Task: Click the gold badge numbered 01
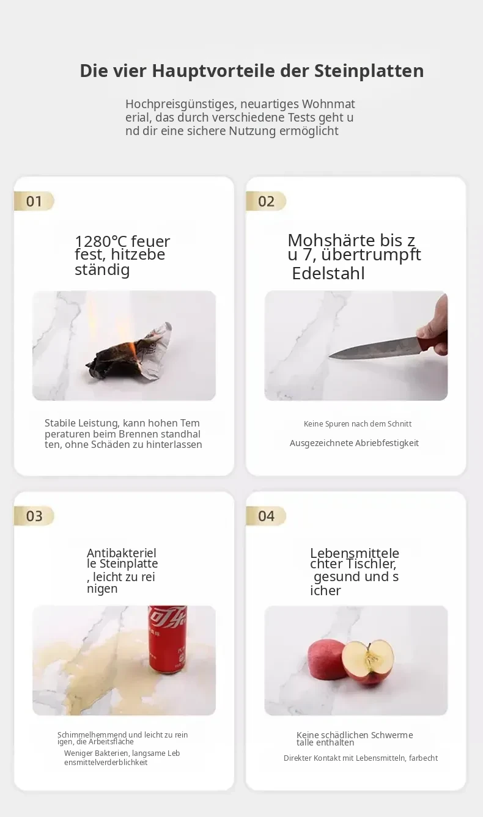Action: pyautogui.click(x=34, y=201)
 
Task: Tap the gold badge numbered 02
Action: pyautogui.click(x=266, y=201)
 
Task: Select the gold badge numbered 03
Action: pyautogui.click(x=34, y=516)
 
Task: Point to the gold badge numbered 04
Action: pyautogui.click(x=266, y=516)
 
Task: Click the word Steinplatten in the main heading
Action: pyautogui.click(x=369, y=71)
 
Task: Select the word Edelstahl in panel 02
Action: pyautogui.click(x=328, y=273)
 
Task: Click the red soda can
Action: pyautogui.click(x=168, y=639)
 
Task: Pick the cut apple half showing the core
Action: pyautogui.click(x=367, y=662)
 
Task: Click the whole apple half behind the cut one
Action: pyautogui.click(x=325, y=660)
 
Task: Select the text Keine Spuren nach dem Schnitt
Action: pyautogui.click(x=358, y=424)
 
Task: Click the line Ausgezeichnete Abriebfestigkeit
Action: pyautogui.click(x=354, y=443)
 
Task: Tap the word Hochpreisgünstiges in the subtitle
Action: pyautogui.click(x=181, y=104)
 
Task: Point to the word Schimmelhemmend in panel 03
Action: pyautogui.click(x=92, y=735)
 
